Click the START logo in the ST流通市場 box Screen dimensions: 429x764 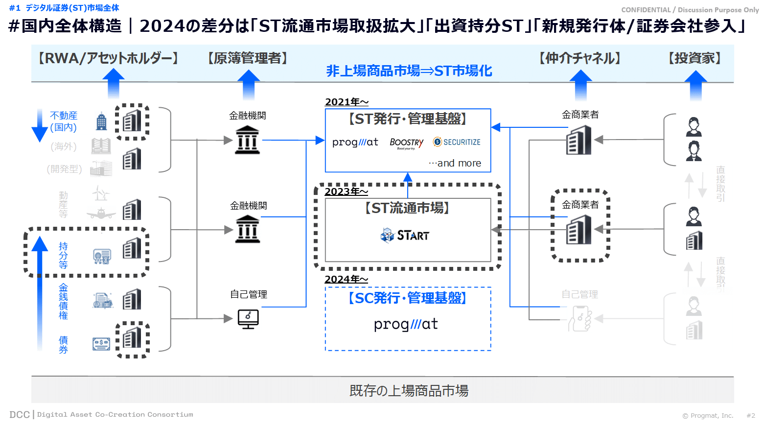click(x=405, y=236)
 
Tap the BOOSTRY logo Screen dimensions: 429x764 click(x=406, y=143)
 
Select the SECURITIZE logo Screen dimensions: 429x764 click(x=457, y=142)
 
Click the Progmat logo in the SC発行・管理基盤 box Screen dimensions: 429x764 click(x=406, y=324)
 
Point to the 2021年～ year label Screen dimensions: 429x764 click(x=347, y=102)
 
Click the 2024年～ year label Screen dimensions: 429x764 click(x=346, y=279)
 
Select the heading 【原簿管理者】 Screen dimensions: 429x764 click(x=248, y=58)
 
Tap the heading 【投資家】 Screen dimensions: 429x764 click(x=695, y=58)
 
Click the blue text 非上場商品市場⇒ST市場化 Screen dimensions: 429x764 click(x=409, y=71)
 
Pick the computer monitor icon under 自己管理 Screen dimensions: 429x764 click(x=248, y=319)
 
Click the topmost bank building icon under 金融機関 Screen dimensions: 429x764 click(x=247, y=140)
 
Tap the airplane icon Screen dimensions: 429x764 click(x=101, y=214)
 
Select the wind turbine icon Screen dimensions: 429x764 click(x=101, y=193)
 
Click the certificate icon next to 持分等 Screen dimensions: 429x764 click(x=102, y=256)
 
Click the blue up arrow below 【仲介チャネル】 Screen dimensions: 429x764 click(x=581, y=85)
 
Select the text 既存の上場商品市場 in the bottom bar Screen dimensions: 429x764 click(x=409, y=391)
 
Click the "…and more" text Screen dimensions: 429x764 click(x=455, y=163)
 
